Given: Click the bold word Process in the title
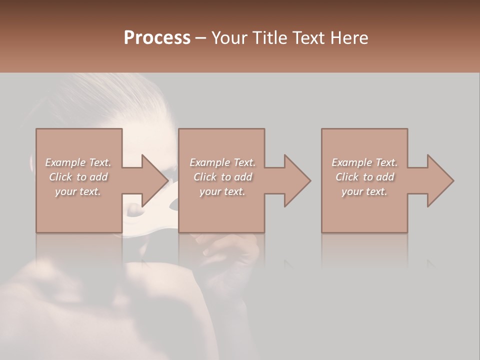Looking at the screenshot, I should pyautogui.click(x=157, y=37).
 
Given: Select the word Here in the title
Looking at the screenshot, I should pyautogui.click(x=348, y=37).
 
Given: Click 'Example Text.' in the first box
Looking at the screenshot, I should pyautogui.click(x=78, y=162).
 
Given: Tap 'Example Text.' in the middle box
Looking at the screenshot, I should pyautogui.click(x=222, y=162).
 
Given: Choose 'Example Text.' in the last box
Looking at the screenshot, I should pyautogui.click(x=364, y=162).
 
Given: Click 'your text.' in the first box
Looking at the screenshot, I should pyautogui.click(x=78, y=191).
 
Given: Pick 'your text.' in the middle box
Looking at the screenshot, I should pyautogui.click(x=222, y=191).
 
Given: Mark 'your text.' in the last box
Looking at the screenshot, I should pyautogui.click(x=364, y=191).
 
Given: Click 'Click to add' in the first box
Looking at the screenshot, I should pyautogui.click(x=78, y=177).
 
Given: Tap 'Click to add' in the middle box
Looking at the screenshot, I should pyautogui.click(x=222, y=177).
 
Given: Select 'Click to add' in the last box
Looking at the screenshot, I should pyautogui.click(x=364, y=177).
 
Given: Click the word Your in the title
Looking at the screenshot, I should pyautogui.click(x=228, y=37).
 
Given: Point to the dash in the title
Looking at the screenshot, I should pyautogui.click(x=200, y=38).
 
